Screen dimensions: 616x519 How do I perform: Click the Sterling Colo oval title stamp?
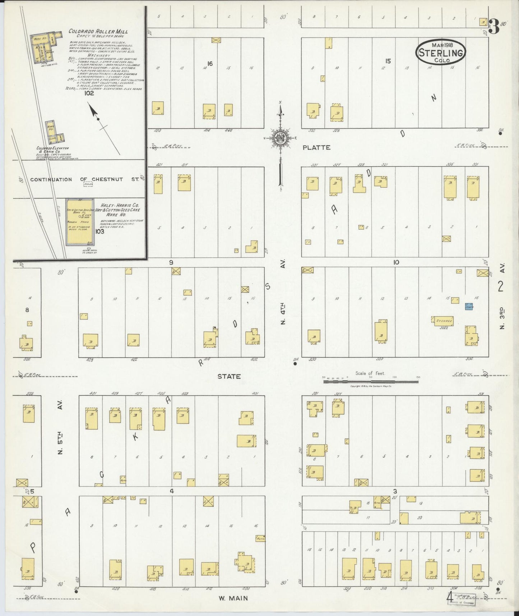(441, 52)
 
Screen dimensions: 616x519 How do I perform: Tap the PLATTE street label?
(316, 147)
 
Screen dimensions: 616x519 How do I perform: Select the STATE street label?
(229, 376)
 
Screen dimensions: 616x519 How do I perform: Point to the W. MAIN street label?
(233, 598)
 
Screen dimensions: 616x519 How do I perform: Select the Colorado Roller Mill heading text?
(98, 32)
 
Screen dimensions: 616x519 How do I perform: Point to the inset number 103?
(99, 231)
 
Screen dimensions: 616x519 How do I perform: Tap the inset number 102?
(89, 93)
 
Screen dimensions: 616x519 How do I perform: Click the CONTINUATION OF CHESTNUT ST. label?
(84, 179)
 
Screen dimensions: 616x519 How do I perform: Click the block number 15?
(388, 61)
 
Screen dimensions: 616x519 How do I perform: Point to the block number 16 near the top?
(210, 64)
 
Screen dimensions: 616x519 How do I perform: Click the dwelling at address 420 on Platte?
(158, 108)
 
